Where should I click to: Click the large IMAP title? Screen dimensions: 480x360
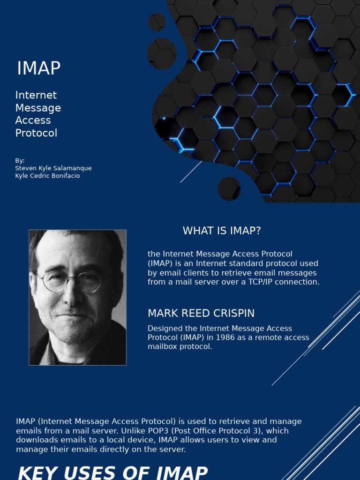pyautogui.click(x=39, y=68)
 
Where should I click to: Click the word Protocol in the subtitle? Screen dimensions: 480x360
pyautogui.click(x=36, y=133)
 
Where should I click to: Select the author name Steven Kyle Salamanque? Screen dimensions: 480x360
pyautogui.click(x=53, y=168)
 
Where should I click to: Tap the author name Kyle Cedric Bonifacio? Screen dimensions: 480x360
pyautogui.click(x=47, y=176)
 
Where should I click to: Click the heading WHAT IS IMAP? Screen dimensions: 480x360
pyautogui.click(x=222, y=231)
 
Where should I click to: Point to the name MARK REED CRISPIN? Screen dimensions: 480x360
pyautogui.click(x=202, y=313)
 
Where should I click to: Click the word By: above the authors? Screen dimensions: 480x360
pyautogui.click(x=20, y=161)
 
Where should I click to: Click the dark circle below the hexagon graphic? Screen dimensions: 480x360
pyautogui.click(x=229, y=188)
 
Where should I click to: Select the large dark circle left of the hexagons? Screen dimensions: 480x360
pyautogui.click(x=162, y=54)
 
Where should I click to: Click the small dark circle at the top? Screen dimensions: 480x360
pyautogui.click(x=157, y=22)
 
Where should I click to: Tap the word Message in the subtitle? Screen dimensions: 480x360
pyautogui.click(x=38, y=108)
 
